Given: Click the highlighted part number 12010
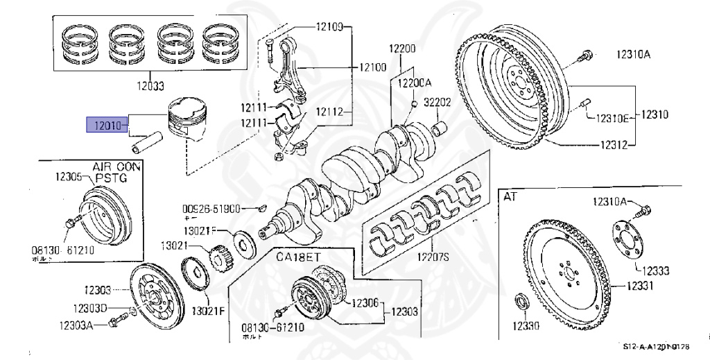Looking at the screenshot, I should click(104, 126).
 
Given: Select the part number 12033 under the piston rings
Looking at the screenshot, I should click(149, 87).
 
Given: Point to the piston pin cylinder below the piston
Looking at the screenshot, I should click(148, 147).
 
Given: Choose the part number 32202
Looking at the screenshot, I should click(438, 102).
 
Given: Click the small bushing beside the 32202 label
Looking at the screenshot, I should click(439, 128).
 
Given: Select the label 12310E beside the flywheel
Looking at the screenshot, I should click(612, 119).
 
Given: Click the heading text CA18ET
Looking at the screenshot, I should click(299, 257).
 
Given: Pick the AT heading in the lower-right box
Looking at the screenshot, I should click(510, 196).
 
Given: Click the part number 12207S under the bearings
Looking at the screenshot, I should click(433, 257).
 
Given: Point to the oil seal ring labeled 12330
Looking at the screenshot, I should click(519, 304).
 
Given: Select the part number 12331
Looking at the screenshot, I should click(644, 285).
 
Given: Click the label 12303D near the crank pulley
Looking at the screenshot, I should click(92, 308).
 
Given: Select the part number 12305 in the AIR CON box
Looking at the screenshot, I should click(71, 177).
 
